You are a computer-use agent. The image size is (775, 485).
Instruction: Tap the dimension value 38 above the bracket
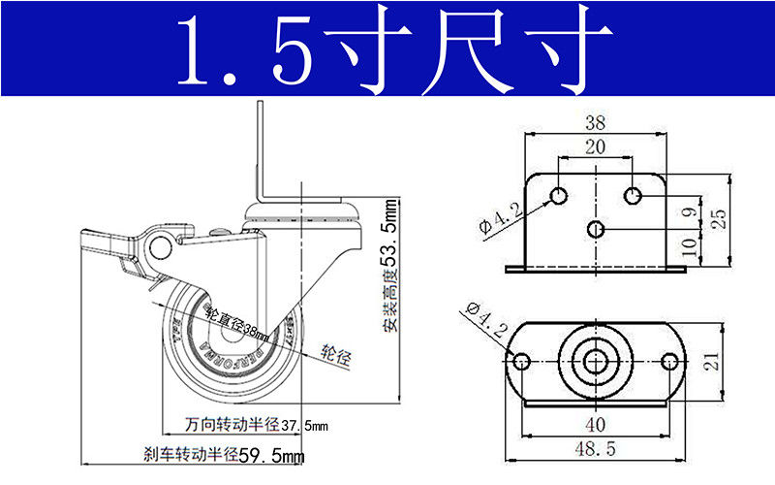[x=596, y=123]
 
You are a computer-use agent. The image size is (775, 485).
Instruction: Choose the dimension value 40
[x=596, y=424]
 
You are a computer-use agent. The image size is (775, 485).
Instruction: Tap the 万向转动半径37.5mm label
[x=257, y=424]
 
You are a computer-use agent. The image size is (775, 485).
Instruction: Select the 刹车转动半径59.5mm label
[x=224, y=454]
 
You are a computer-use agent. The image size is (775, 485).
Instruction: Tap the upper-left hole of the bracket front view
[x=559, y=196]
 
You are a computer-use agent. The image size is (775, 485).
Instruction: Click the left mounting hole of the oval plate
[x=523, y=362]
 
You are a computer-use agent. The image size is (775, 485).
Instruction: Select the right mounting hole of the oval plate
[x=668, y=362]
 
